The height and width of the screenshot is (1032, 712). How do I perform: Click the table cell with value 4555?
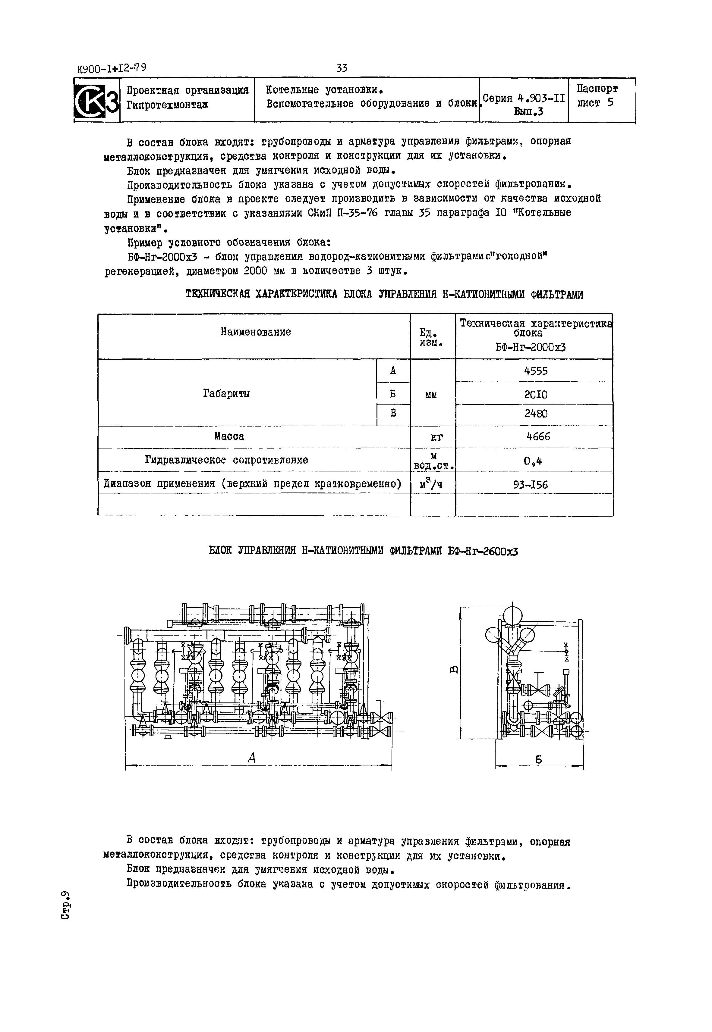pos(535,371)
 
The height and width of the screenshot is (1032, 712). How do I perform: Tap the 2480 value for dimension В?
pos(535,414)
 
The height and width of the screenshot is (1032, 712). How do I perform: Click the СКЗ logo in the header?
pos(96,101)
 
